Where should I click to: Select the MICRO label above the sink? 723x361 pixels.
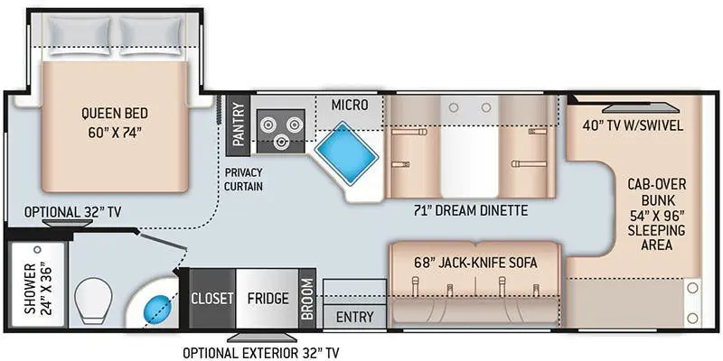pos(350,105)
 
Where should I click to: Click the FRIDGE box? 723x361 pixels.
pos(268,298)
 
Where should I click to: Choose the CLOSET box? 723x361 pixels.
pos(211,298)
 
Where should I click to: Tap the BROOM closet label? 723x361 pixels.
pos(308,298)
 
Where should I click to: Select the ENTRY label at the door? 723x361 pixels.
pos(354,317)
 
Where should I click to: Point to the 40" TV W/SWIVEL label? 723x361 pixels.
pos(632,125)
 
